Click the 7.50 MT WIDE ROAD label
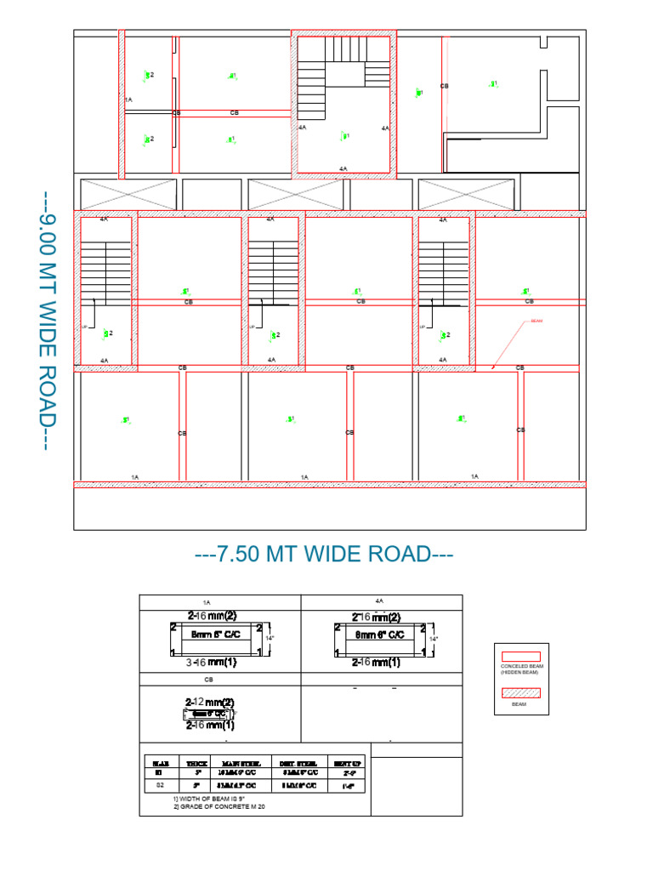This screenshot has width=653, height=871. coord(324,555)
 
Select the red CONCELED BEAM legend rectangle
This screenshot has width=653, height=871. coord(522,656)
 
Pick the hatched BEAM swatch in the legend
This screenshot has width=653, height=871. coord(522,693)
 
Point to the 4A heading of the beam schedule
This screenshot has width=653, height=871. coord(380,601)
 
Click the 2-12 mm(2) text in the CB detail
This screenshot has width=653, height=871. coord(209,703)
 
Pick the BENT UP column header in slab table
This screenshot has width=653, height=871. coord(349,764)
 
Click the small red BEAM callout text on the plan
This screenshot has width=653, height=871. coord(536,322)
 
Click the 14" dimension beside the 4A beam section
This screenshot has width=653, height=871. coord(434,638)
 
